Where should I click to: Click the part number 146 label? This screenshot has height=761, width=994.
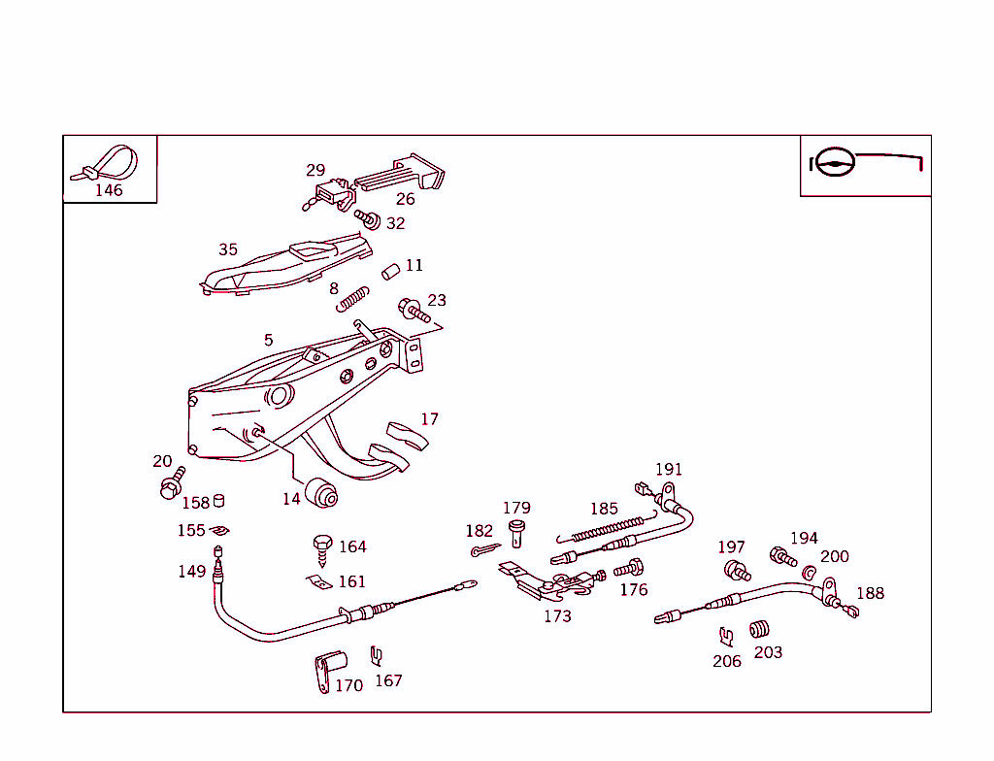(x=109, y=190)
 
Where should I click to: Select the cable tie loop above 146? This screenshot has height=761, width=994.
(x=109, y=161)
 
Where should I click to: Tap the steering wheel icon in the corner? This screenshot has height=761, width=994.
(x=833, y=162)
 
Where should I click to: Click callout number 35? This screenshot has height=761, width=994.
(x=228, y=249)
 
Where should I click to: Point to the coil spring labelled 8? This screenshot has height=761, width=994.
(x=353, y=299)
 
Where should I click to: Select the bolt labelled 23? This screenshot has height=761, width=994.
(x=414, y=311)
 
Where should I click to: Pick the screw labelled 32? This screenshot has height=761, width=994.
(x=367, y=219)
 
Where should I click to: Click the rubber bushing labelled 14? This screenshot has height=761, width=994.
(x=321, y=492)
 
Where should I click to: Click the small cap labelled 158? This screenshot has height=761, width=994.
(x=219, y=500)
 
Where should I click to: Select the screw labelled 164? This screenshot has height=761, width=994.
(x=322, y=549)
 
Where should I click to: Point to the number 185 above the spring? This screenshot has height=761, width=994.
(x=604, y=509)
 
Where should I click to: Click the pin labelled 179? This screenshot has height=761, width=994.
(x=516, y=532)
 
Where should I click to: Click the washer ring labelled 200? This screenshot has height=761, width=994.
(x=810, y=572)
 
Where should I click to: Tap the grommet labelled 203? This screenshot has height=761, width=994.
(x=760, y=630)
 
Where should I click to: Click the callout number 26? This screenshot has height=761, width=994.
(x=405, y=199)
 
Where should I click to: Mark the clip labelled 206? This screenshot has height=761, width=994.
(x=725, y=637)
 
